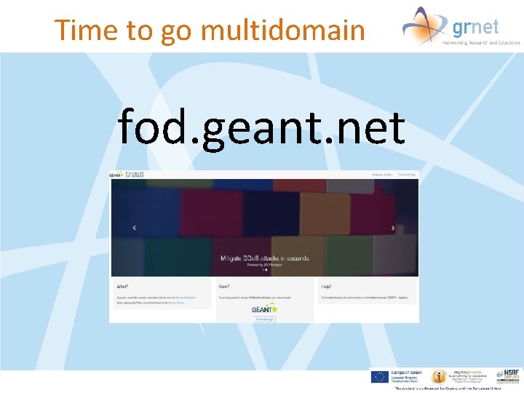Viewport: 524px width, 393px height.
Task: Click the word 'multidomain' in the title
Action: pos(282,30)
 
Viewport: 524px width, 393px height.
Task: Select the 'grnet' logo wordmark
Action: pos(475,27)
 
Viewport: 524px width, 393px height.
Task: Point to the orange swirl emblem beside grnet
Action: pos(424,25)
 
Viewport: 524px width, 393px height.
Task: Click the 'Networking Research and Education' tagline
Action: pos(481,43)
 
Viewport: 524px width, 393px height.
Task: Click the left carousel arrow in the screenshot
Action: pos(134,228)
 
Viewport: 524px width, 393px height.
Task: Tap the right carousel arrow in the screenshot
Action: pos(393,228)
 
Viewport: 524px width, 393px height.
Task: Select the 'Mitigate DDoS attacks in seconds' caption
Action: pos(265,258)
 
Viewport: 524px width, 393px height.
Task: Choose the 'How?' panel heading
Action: pos(225,287)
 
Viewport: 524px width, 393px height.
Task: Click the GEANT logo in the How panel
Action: pos(264,309)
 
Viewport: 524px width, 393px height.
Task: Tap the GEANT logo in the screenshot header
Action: pos(116,175)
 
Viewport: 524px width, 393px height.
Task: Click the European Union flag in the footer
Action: pos(378,376)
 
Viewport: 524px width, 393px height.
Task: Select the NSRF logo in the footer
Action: pos(509,376)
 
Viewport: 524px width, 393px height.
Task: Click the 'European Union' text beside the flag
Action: pos(405,373)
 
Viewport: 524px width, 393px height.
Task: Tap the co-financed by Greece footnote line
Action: pos(447,389)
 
